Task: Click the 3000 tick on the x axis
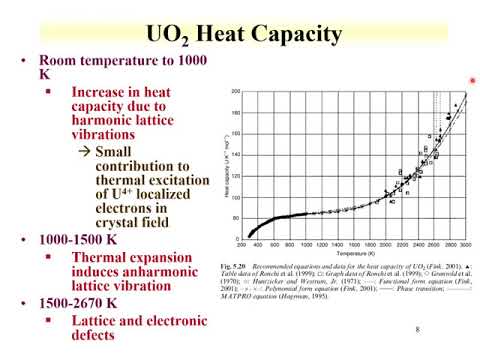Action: point(465,244)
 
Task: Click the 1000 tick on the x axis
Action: point(316,244)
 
